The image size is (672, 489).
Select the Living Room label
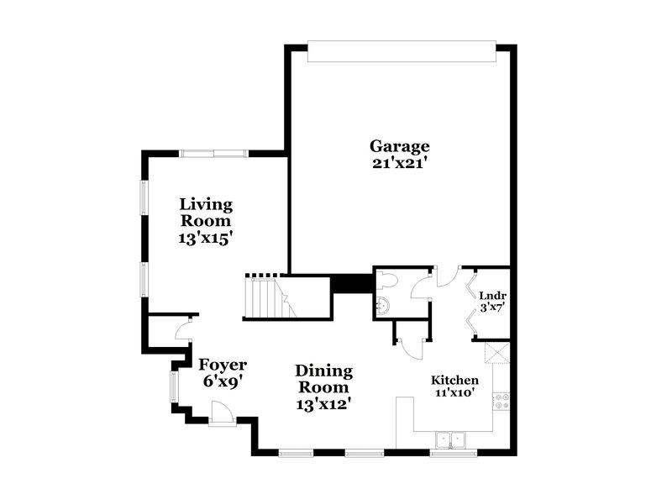coord(206,213)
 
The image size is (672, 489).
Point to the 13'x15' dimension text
coord(206,239)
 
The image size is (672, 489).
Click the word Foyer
coord(223,364)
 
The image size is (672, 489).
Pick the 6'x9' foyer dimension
coord(223,380)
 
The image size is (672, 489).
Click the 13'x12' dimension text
coord(323,403)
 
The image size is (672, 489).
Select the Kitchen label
coord(455,379)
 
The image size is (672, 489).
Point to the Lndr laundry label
coord(491,296)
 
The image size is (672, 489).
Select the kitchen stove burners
coord(501,402)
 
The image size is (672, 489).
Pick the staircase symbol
coord(266,297)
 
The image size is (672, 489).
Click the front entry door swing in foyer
coord(221,413)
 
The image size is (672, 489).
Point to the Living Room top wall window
coord(213,153)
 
